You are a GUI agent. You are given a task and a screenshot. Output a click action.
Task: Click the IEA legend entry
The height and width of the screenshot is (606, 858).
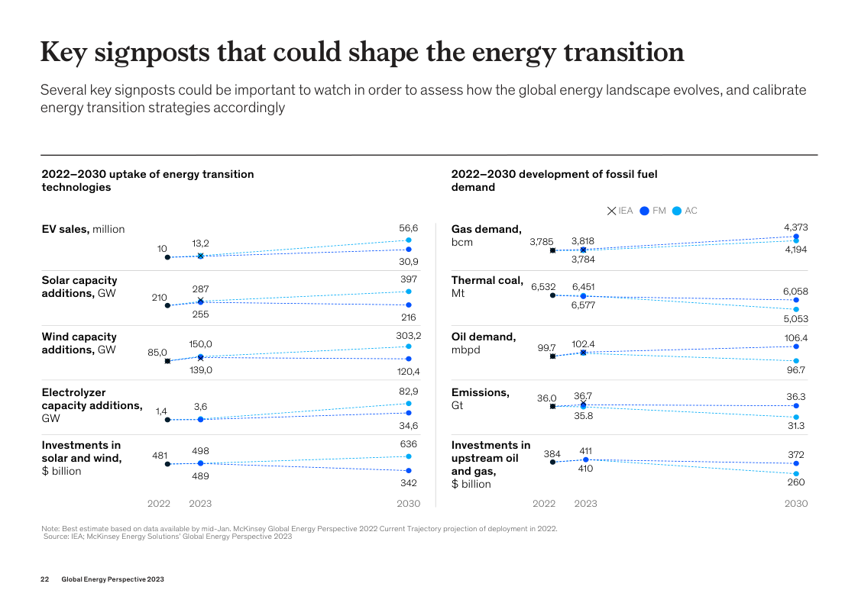(x=620, y=211)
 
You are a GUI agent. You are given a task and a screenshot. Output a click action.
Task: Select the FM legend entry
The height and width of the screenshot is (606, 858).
(x=653, y=211)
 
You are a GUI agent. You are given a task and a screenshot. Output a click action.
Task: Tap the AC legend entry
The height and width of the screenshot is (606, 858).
(x=685, y=211)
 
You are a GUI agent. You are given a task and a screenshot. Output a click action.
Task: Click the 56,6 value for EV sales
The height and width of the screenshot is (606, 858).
(x=409, y=227)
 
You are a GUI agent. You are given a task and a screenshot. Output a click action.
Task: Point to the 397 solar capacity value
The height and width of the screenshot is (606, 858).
(x=409, y=279)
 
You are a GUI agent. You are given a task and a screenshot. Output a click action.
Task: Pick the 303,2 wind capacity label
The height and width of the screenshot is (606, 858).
(x=409, y=335)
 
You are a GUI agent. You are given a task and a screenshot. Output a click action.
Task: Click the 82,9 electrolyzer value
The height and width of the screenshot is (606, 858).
(x=409, y=391)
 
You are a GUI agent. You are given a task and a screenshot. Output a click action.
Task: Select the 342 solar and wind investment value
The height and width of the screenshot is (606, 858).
(x=409, y=483)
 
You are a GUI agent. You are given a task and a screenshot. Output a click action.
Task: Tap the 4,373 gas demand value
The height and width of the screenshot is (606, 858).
(x=796, y=227)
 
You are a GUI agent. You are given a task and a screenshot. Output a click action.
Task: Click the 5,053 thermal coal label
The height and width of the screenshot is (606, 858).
(x=796, y=319)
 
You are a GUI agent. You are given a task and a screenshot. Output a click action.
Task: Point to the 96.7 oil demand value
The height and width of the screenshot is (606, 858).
(x=796, y=370)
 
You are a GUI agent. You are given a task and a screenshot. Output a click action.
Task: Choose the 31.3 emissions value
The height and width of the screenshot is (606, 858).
(x=796, y=426)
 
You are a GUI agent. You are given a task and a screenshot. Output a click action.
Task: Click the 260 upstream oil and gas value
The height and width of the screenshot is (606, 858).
(x=796, y=482)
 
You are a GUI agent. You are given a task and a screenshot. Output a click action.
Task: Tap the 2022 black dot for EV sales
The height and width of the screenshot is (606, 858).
(x=167, y=257)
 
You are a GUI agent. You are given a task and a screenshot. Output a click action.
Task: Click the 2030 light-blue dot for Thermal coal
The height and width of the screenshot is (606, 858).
(x=796, y=309)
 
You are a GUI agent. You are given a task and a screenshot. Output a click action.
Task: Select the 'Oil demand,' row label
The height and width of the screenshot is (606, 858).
(x=484, y=337)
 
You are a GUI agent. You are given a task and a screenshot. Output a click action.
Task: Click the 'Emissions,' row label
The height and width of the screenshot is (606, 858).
(x=481, y=392)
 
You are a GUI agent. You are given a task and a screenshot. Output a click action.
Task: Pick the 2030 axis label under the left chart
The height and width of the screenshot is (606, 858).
(x=409, y=504)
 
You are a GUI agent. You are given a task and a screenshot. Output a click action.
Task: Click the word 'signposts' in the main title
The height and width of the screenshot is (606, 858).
(x=150, y=52)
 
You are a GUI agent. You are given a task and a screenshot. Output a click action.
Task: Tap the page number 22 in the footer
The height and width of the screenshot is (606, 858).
(x=44, y=579)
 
